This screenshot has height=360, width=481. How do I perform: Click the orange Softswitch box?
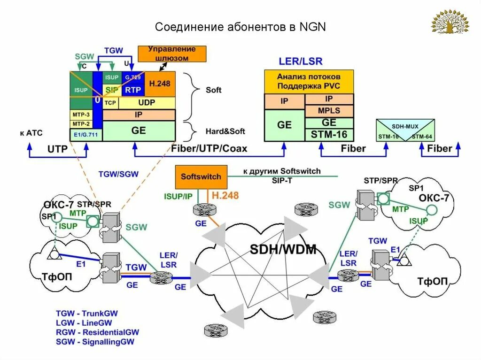pos(201,177)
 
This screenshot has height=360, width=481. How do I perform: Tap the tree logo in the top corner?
pos(450,22)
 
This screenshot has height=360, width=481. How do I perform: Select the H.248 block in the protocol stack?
pos(160,84)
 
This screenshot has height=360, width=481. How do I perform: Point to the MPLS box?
pos(329,111)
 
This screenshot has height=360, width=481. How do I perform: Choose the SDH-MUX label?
pos(405,127)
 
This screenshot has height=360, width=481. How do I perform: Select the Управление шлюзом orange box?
pos(172,54)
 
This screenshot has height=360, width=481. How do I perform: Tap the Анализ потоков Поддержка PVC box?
pos(309,82)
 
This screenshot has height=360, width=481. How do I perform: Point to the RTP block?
pos(133,89)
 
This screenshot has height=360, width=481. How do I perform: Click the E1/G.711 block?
pos(85,134)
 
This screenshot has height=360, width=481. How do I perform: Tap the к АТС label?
pos(31,133)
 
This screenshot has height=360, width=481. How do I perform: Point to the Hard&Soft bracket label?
pos(225,131)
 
